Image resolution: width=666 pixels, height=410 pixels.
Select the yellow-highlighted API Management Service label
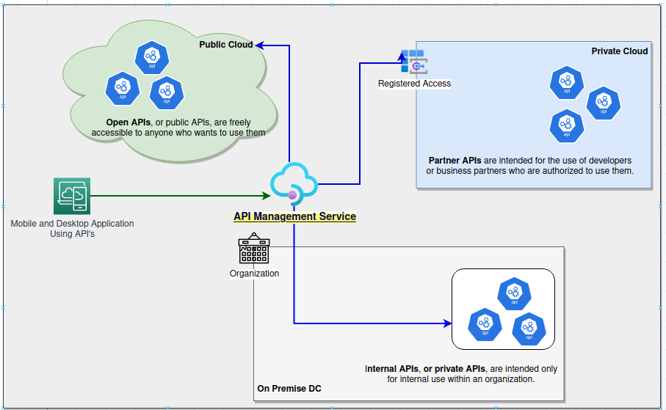294,216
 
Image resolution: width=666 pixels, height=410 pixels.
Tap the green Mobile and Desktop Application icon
72,196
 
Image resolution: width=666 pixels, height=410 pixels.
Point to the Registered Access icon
413,63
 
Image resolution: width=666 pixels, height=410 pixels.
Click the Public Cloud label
226,45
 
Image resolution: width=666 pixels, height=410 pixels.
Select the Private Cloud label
619,51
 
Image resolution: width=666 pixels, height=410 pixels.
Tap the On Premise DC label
289,388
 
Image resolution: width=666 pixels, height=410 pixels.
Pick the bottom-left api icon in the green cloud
123,88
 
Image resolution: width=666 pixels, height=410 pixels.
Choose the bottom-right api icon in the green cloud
167,92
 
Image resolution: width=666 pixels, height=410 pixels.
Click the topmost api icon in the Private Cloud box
566,83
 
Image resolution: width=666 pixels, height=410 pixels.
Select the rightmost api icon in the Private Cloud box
603,103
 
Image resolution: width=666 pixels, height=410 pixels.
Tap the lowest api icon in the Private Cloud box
566,125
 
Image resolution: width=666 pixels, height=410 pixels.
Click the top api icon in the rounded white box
514,293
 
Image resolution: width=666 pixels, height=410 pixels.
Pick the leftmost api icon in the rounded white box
485,324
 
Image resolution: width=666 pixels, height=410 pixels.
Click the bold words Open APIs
129,122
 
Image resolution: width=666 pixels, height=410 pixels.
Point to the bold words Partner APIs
455,160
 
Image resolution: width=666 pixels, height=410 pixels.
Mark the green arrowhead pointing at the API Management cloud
267,196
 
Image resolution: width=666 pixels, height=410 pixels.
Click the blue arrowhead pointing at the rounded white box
446,323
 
